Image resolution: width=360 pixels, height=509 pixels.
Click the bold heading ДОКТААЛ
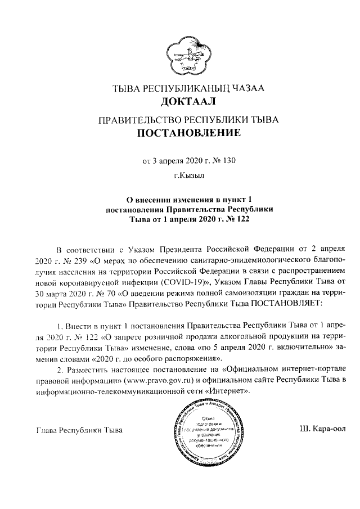pyautogui.click(x=180, y=102)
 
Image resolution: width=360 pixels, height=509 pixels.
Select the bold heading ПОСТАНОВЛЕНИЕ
pyautogui.click(x=180, y=133)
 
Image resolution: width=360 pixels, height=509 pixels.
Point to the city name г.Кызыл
pyautogui.click(x=181, y=177)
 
